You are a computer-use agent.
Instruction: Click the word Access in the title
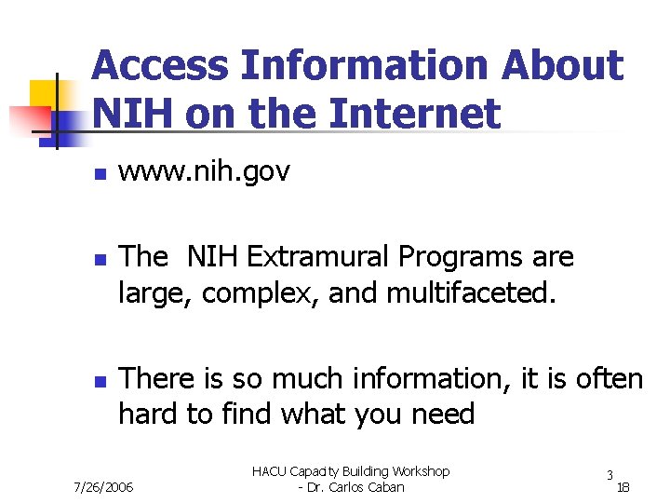point(159,66)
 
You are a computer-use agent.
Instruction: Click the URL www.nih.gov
point(205,172)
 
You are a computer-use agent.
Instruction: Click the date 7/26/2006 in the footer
point(103,487)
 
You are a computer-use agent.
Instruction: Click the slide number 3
point(609,474)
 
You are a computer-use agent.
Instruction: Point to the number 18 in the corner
point(623,487)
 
